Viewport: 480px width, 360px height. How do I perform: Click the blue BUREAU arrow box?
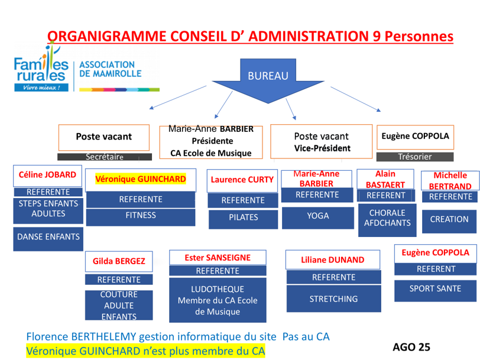pyautogui.click(x=268, y=76)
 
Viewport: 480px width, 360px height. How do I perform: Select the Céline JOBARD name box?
pyautogui.click(x=47, y=175)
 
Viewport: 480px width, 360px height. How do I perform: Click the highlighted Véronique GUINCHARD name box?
pyautogui.click(x=141, y=179)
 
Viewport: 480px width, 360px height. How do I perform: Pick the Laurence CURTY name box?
pyautogui.click(x=242, y=180)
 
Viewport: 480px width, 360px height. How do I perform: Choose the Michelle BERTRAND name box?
pyautogui.click(x=450, y=180)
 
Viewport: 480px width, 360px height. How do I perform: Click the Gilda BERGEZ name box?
pyautogui.click(x=119, y=261)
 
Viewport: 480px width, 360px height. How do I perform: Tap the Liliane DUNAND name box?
pyautogui.click(x=332, y=260)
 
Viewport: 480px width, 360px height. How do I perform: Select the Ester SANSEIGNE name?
pyautogui.click(x=218, y=258)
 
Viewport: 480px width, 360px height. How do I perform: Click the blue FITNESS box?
pyautogui.click(x=141, y=215)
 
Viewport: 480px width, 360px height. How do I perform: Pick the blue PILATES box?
pyautogui.click(x=244, y=218)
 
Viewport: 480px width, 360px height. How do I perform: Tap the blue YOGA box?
pyautogui.click(x=318, y=216)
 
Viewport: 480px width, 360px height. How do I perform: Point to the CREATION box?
pyautogui.click(x=449, y=219)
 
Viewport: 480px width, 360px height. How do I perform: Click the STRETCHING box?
pyautogui.click(x=333, y=299)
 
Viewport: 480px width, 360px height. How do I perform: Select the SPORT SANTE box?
pyautogui.click(x=435, y=289)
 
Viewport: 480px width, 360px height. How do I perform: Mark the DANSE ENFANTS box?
pyautogui.click(x=48, y=237)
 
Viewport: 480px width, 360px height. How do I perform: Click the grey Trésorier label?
pyautogui.click(x=415, y=157)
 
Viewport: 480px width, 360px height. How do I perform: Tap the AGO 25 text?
pyautogui.click(x=411, y=347)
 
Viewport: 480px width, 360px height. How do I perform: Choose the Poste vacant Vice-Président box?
pyautogui.click(x=321, y=141)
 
